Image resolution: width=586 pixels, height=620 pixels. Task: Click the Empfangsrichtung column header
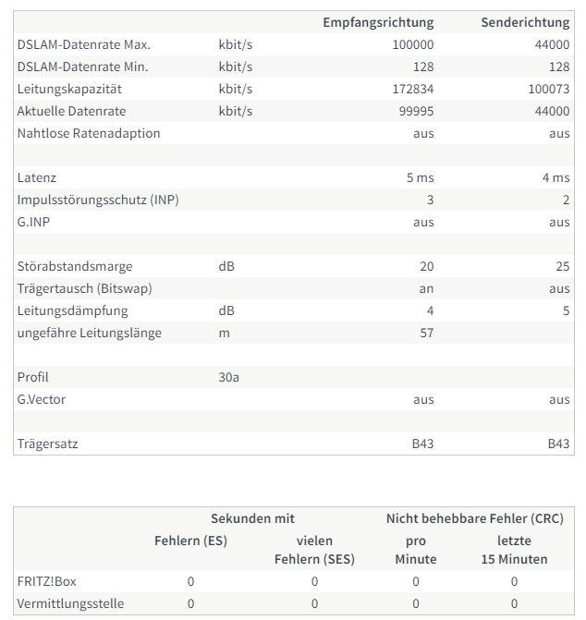[377, 22]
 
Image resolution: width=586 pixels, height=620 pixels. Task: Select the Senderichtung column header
[525, 22]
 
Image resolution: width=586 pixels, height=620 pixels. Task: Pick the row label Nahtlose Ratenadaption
[89, 133]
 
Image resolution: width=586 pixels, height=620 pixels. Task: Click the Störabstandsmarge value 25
[562, 266]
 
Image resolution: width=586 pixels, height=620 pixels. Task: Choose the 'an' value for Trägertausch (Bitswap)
[426, 288]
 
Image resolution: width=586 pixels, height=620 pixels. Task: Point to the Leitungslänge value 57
[426, 333]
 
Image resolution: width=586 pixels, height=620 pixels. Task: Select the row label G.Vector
[42, 399]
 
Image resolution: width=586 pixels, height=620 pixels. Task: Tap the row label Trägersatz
[48, 444]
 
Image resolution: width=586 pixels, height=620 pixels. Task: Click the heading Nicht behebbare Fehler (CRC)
[474, 519]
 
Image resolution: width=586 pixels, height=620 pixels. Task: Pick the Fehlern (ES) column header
[190, 540]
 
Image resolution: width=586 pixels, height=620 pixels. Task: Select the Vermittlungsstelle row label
[70, 603]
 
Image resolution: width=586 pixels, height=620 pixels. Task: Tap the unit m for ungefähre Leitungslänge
[224, 333]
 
